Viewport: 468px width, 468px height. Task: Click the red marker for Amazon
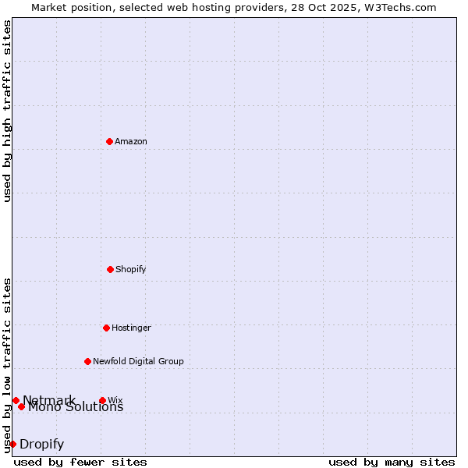coord(109,141)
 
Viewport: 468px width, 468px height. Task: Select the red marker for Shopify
coord(110,269)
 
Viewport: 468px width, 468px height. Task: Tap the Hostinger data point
coord(106,328)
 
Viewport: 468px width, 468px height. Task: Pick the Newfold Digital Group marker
coord(87,361)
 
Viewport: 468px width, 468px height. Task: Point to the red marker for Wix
coord(102,400)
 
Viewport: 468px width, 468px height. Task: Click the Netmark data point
coord(16,400)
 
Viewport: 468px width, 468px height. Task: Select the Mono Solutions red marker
coord(21,406)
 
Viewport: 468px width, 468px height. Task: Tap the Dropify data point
coord(12,444)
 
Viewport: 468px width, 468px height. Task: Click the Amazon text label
coord(131,141)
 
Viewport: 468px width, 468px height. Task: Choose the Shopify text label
coord(131,269)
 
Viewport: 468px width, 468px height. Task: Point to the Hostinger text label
coord(131,328)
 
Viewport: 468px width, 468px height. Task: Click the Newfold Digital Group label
coord(138,361)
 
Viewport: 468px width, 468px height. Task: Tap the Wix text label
coord(115,400)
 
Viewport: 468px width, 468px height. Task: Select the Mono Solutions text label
coord(76,407)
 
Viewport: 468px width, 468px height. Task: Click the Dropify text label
coord(41,445)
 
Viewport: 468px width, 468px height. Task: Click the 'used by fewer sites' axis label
coord(80,462)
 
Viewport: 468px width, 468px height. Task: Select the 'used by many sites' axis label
coord(392,462)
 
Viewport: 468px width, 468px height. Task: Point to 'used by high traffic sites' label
coord(8,111)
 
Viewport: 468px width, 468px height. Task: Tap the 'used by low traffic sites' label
coord(8,364)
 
